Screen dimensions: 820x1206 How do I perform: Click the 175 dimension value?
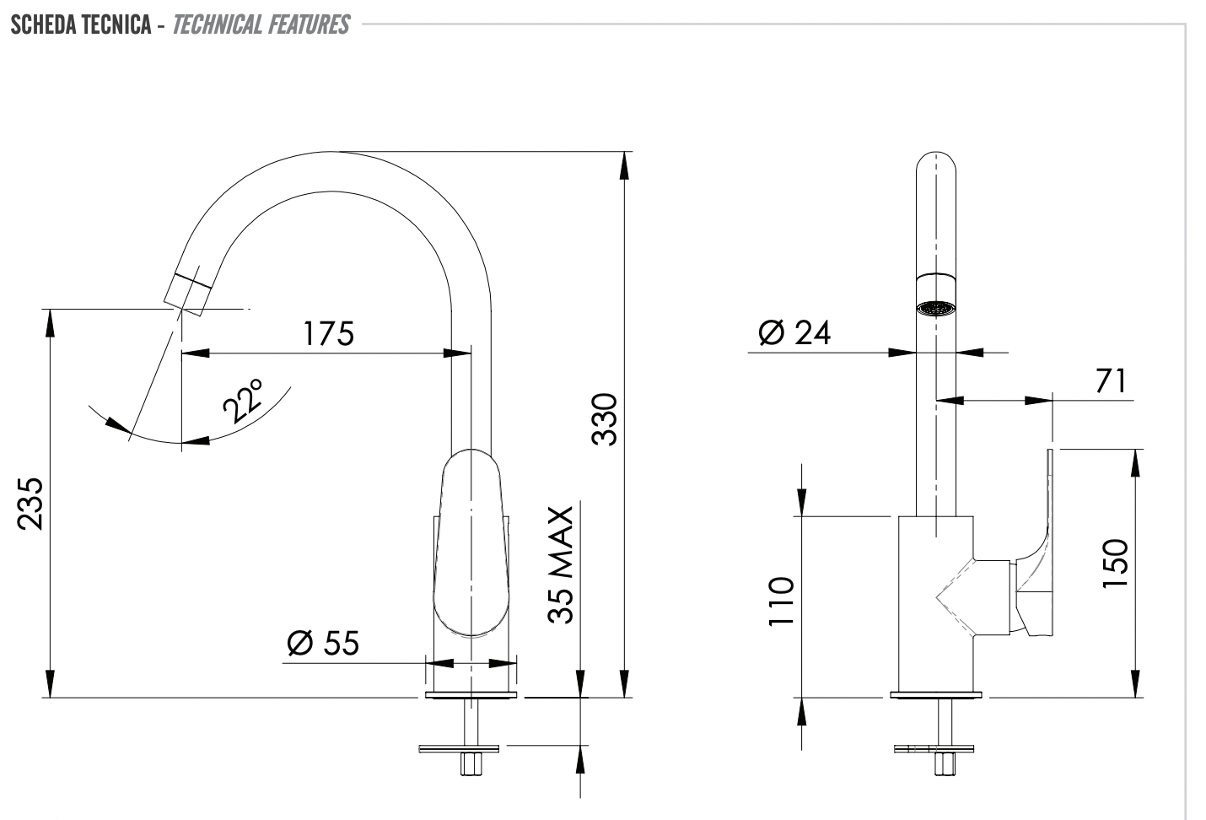point(329,334)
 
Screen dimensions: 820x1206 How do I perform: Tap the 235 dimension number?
point(31,504)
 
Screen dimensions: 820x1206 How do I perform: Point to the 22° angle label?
point(245,401)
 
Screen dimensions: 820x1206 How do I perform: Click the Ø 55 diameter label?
point(322,644)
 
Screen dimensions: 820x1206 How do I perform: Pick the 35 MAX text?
point(561,565)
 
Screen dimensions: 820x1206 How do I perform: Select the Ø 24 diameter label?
point(794,333)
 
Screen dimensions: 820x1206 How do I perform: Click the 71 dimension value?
point(1111,381)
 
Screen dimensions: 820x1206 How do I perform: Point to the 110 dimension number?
point(782,602)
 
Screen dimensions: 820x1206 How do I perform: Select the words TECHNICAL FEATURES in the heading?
point(261,24)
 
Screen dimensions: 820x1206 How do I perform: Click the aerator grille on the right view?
point(936,309)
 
